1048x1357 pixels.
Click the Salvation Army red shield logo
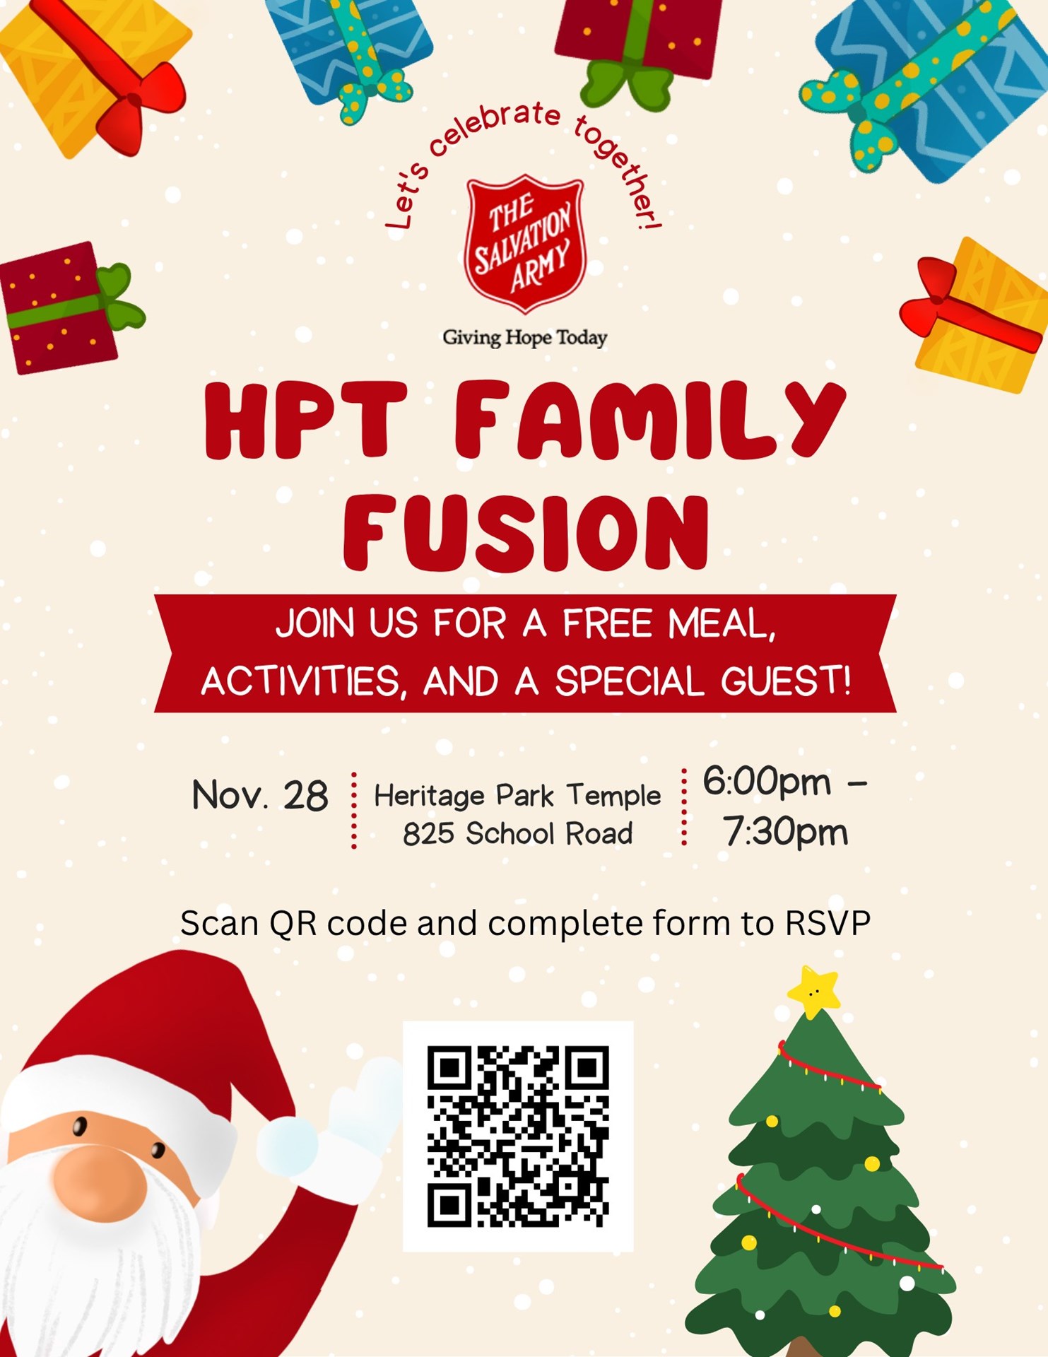pos(525,244)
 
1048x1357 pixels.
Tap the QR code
pos(518,1136)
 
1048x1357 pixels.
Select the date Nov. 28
pos(259,796)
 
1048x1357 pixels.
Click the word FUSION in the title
pos(526,534)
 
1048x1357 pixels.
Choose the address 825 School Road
pos(517,834)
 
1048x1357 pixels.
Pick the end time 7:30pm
pos(785,833)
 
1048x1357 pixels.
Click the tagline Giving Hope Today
pos(524,338)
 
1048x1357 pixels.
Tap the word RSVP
pos(828,924)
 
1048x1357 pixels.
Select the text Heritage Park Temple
pos(517,796)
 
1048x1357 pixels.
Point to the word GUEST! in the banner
pos(786,682)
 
